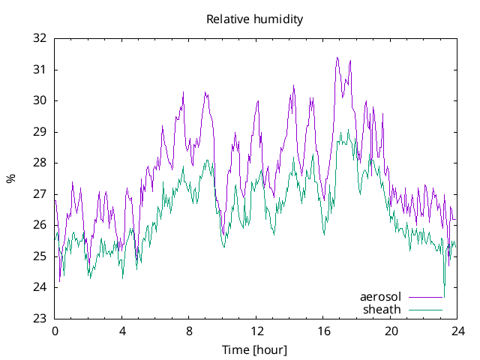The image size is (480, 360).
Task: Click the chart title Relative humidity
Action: pyautogui.click(x=255, y=19)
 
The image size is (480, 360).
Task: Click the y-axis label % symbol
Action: pyautogui.click(x=10, y=178)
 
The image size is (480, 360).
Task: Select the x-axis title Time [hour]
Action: pyautogui.click(x=255, y=349)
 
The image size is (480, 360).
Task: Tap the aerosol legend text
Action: pyautogui.click(x=381, y=297)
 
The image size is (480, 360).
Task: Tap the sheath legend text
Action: pyautogui.click(x=382, y=309)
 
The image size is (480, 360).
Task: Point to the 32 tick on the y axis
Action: pyautogui.click(x=40, y=38)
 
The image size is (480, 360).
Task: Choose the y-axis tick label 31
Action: pyautogui.click(x=40, y=70)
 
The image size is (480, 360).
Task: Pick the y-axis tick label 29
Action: pyautogui.click(x=40, y=132)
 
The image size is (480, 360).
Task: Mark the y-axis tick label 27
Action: pyautogui.click(x=40, y=194)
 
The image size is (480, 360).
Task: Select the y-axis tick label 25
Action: pyautogui.click(x=40, y=256)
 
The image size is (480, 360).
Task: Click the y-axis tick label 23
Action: pyautogui.click(x=40, y=319)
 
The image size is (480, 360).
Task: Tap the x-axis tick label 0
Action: pyautogui.click(x=55, y=331)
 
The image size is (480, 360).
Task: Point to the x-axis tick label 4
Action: pyautogui.click(x=122, y=331)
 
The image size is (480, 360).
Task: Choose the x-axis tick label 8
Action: pyautogui.click(x=189, y=331)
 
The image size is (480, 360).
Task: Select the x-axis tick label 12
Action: pyautogui.click(x=256, y=331)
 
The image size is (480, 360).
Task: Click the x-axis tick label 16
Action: pyautogui.click(x=323, y=331)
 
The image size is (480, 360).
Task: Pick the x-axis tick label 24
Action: pyautogui.click(x=457, y=331)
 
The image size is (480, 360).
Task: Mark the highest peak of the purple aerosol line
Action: pyautogui.click(x=337, y=58)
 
